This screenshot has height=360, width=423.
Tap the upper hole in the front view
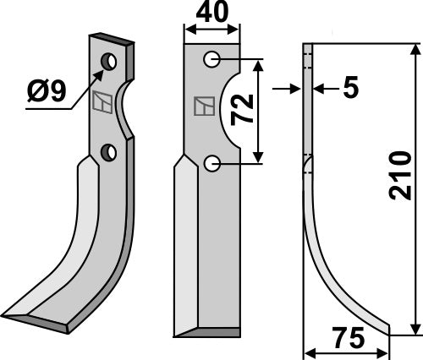point(212,59)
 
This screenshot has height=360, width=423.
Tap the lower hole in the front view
point(212,162)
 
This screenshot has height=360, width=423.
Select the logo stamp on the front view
point(203,106)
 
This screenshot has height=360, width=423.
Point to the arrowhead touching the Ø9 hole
point(100,68)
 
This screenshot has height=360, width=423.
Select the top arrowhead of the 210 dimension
point(415,48)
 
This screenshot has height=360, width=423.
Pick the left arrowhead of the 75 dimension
point(307,353)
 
